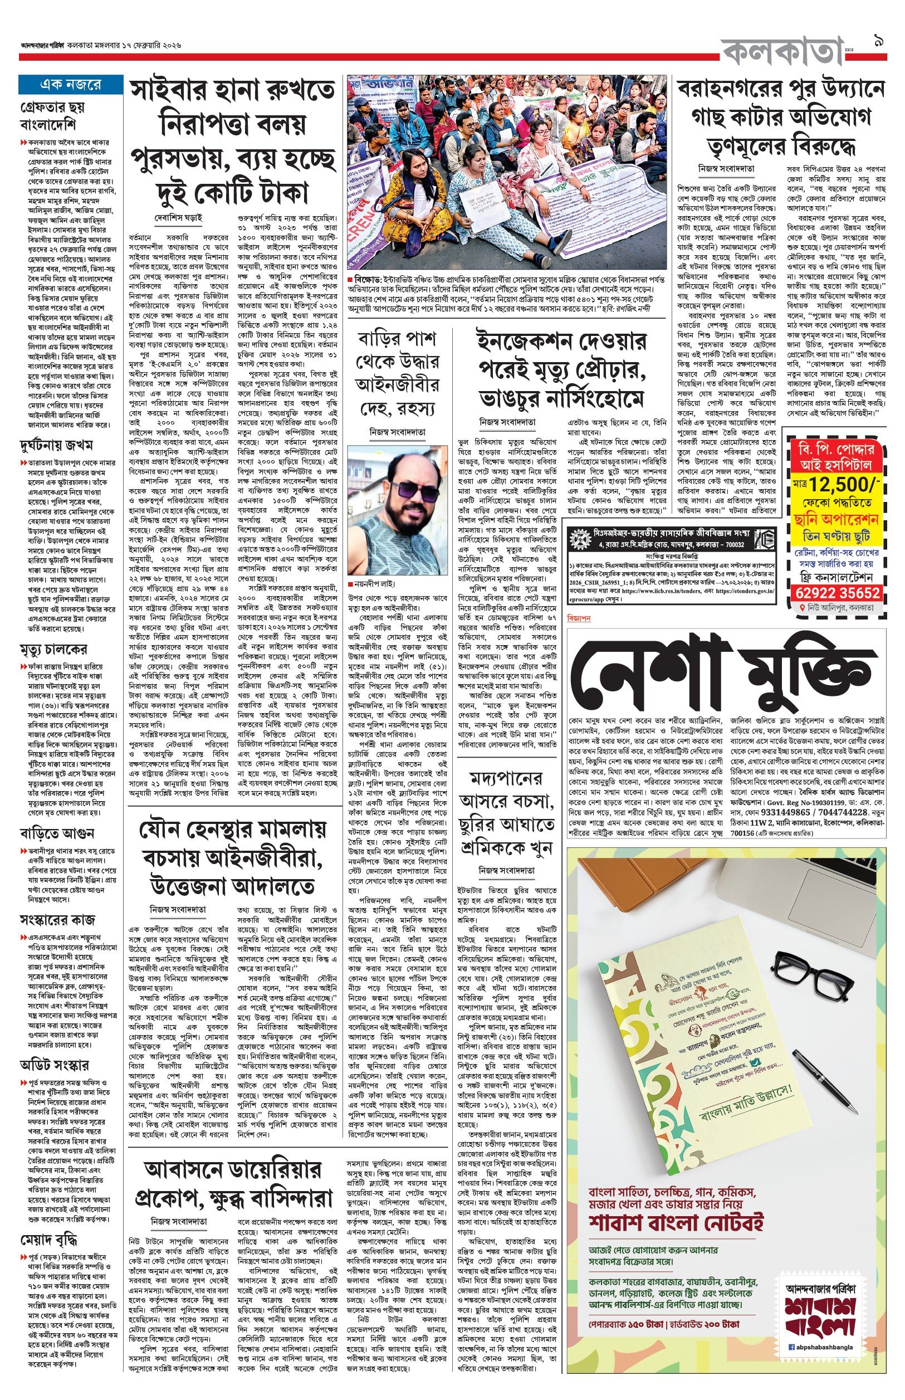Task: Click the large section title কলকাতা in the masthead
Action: click(781, 52)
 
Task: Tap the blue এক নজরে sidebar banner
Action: click(71, 84)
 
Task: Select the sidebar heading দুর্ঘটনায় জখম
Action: click(56, 445)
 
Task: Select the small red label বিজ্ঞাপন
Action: click(579, 618)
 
